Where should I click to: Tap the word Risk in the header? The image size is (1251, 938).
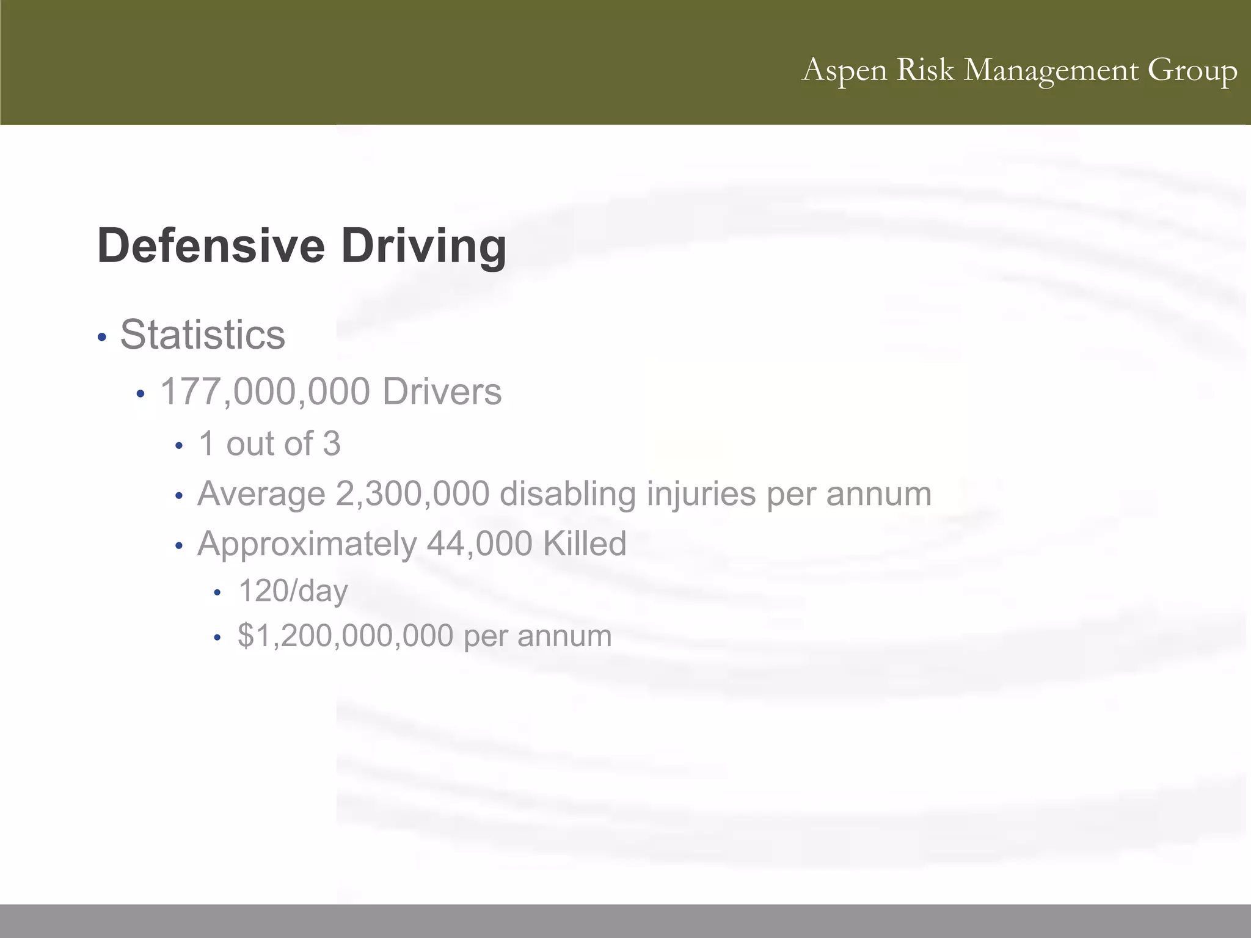pos(925,70)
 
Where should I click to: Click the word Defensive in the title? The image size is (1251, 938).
pos(211,245)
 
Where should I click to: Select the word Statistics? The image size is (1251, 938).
pos(203,335)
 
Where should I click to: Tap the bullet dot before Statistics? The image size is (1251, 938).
pos(102,337)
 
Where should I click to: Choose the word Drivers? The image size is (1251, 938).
pos(442,391)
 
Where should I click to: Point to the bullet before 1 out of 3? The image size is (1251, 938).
pos(179,446)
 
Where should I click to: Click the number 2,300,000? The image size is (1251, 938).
pos(412,493)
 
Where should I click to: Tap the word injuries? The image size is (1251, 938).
pos(701,493)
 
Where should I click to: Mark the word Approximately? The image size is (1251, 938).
pos(307,544)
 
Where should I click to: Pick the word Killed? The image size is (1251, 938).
pos(585,544)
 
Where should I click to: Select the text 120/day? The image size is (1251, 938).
pos(293,591)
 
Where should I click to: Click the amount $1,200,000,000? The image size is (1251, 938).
pos(345,636)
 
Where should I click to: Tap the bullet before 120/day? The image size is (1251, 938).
pos(217,592)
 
